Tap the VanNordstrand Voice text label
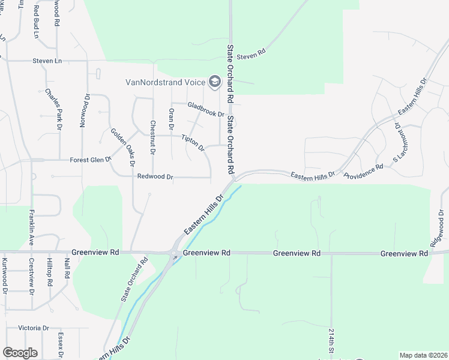point(165,82)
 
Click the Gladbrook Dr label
point(205,109)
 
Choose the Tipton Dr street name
point(193,143)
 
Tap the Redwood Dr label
point(155,177)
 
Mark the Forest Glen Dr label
point(91,160)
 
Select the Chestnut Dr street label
point(153,138)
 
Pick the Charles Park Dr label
point(54,109)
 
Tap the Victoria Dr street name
point(34,328)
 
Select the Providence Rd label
point(364,172)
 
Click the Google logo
point(20,352)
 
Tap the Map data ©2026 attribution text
point(423,355)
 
